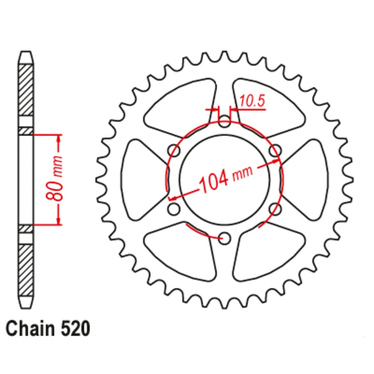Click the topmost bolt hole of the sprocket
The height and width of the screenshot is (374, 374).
point(224,121)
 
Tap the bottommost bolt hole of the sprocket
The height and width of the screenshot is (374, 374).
point(224,237)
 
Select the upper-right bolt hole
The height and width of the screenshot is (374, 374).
point(275,150)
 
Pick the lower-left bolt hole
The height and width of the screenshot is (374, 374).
point(174,209)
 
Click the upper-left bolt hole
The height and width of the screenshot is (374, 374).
point(174,150)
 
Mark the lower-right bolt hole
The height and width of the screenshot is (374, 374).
point(275,209)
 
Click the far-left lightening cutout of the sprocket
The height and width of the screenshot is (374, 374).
point(142,180)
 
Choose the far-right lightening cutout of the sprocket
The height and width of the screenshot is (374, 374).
point(307,180)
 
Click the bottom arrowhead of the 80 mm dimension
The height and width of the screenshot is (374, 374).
point(59,221)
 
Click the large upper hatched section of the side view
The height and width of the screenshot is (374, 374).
point(26,90)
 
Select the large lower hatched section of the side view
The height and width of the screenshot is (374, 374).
point(26,269)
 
